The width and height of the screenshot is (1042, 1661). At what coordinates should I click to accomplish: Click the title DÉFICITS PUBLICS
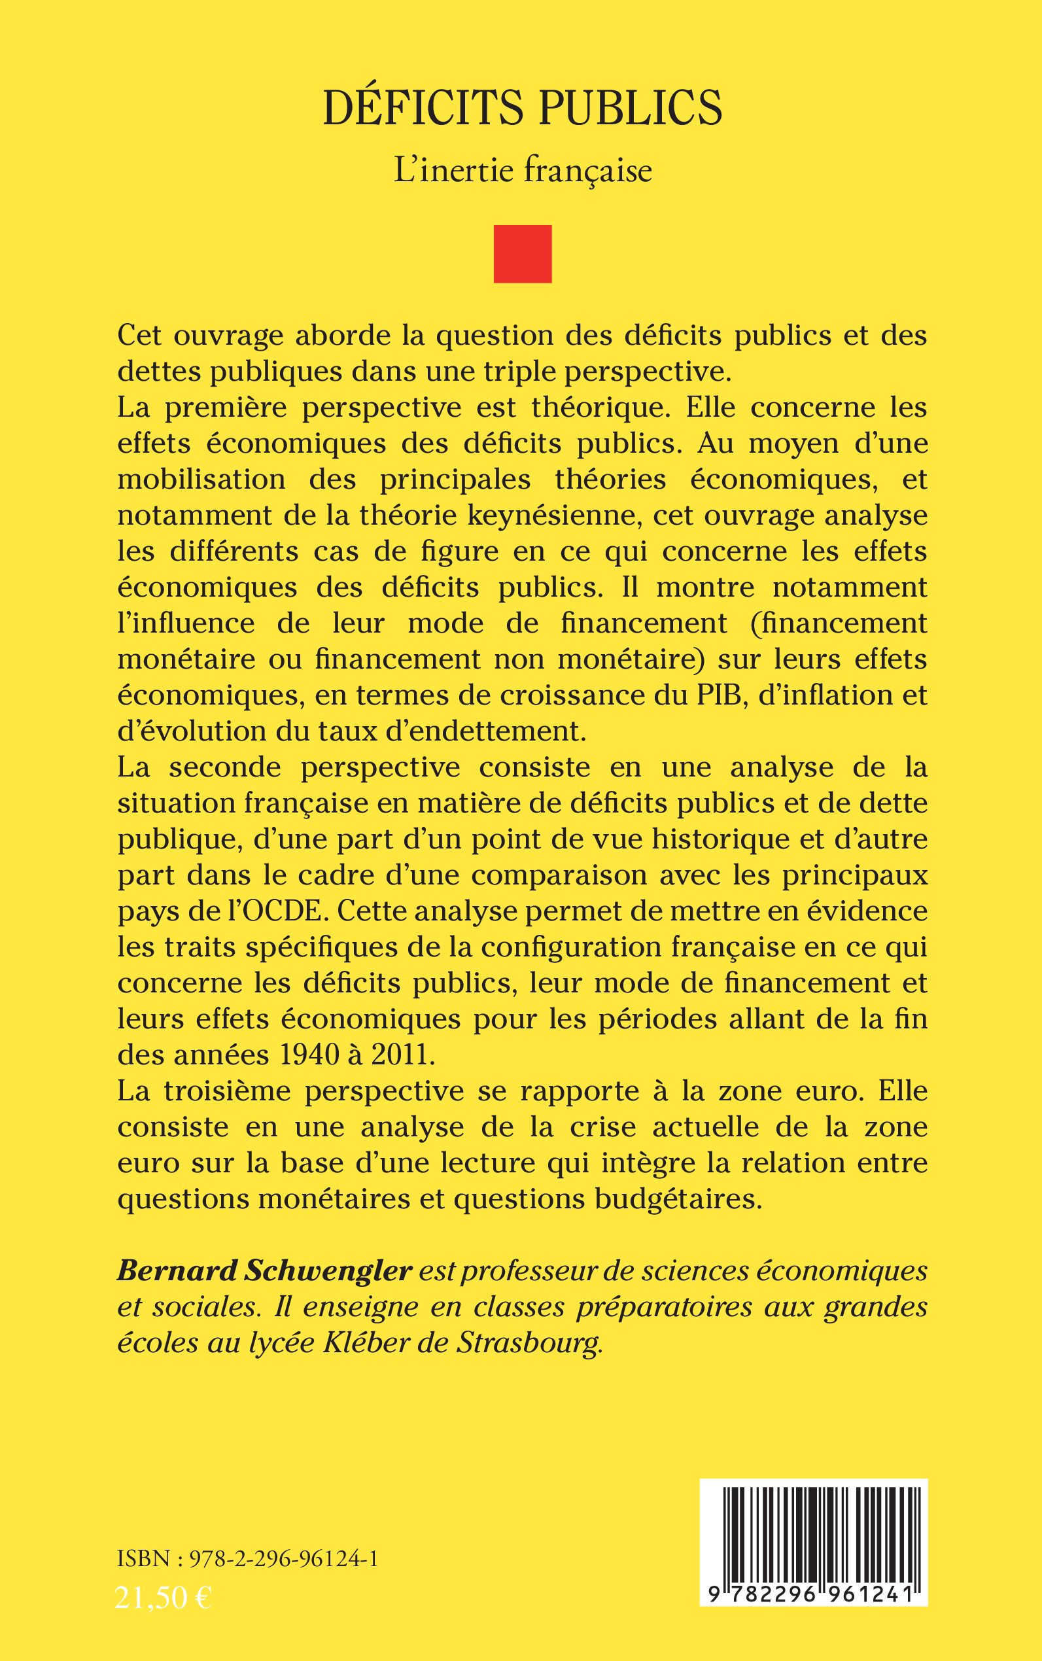pyautogui.click(x=523, y=108)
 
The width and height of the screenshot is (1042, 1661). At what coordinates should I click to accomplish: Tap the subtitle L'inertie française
pyautogui.click(x=523, y=171)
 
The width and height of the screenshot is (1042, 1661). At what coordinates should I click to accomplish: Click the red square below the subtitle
pyautogui.click(x=523, y=254)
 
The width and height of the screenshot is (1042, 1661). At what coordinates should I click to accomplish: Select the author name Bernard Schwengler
pyautogui.click(x=265, y=1270)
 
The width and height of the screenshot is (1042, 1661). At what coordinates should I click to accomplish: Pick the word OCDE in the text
pyautogui.click(x=301, y=911)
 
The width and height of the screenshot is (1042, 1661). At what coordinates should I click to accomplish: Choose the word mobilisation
pyautogui.click(x=201, y=479)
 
